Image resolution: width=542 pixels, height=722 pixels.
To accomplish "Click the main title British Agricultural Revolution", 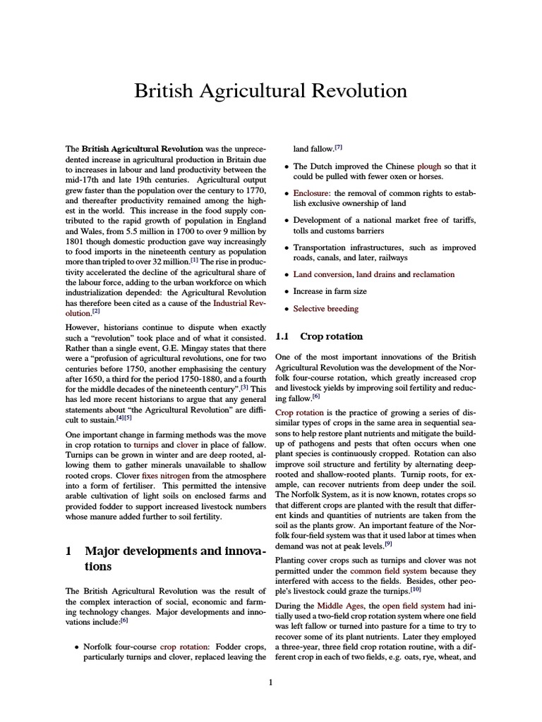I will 271,91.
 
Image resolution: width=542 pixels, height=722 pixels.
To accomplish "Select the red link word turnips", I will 145,447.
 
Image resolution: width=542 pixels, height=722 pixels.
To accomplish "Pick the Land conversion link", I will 323,274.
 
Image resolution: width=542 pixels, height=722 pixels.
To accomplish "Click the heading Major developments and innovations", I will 166,557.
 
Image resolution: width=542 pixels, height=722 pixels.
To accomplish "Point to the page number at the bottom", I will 270,682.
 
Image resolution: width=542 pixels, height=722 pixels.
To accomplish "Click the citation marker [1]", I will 194,259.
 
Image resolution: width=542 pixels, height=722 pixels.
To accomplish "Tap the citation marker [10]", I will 416,589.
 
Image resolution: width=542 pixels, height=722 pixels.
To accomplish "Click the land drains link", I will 376,274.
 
